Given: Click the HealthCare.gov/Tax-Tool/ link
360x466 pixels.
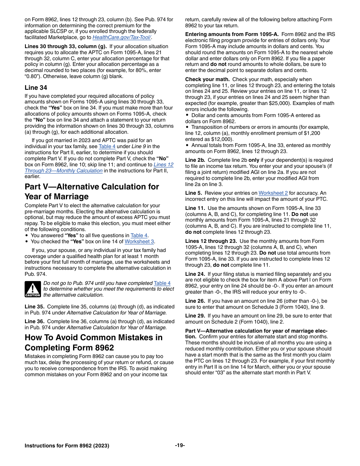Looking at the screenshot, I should tap(122, 38).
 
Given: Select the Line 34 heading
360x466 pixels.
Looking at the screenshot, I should tap(36, 88).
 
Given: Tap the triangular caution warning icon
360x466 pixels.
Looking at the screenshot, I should tap(33, 289).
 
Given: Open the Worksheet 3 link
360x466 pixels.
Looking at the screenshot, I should tap(139, 241).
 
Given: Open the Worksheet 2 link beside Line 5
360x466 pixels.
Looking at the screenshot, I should tap(273, 193).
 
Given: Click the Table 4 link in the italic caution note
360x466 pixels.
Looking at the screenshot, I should tap(162, 283).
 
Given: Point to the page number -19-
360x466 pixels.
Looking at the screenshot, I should tap(180, 445).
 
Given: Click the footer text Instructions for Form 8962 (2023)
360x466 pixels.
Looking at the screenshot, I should tap(67, 446).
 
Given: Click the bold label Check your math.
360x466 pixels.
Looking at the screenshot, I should tap(207, 79).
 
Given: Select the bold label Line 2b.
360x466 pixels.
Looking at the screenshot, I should tap(195, 160).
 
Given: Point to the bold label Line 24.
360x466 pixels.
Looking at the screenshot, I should tap(195, 274).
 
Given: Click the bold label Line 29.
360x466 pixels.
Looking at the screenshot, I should tap(195, 316).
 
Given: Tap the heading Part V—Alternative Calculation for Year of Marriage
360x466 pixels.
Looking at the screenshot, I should tap(92, 191).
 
